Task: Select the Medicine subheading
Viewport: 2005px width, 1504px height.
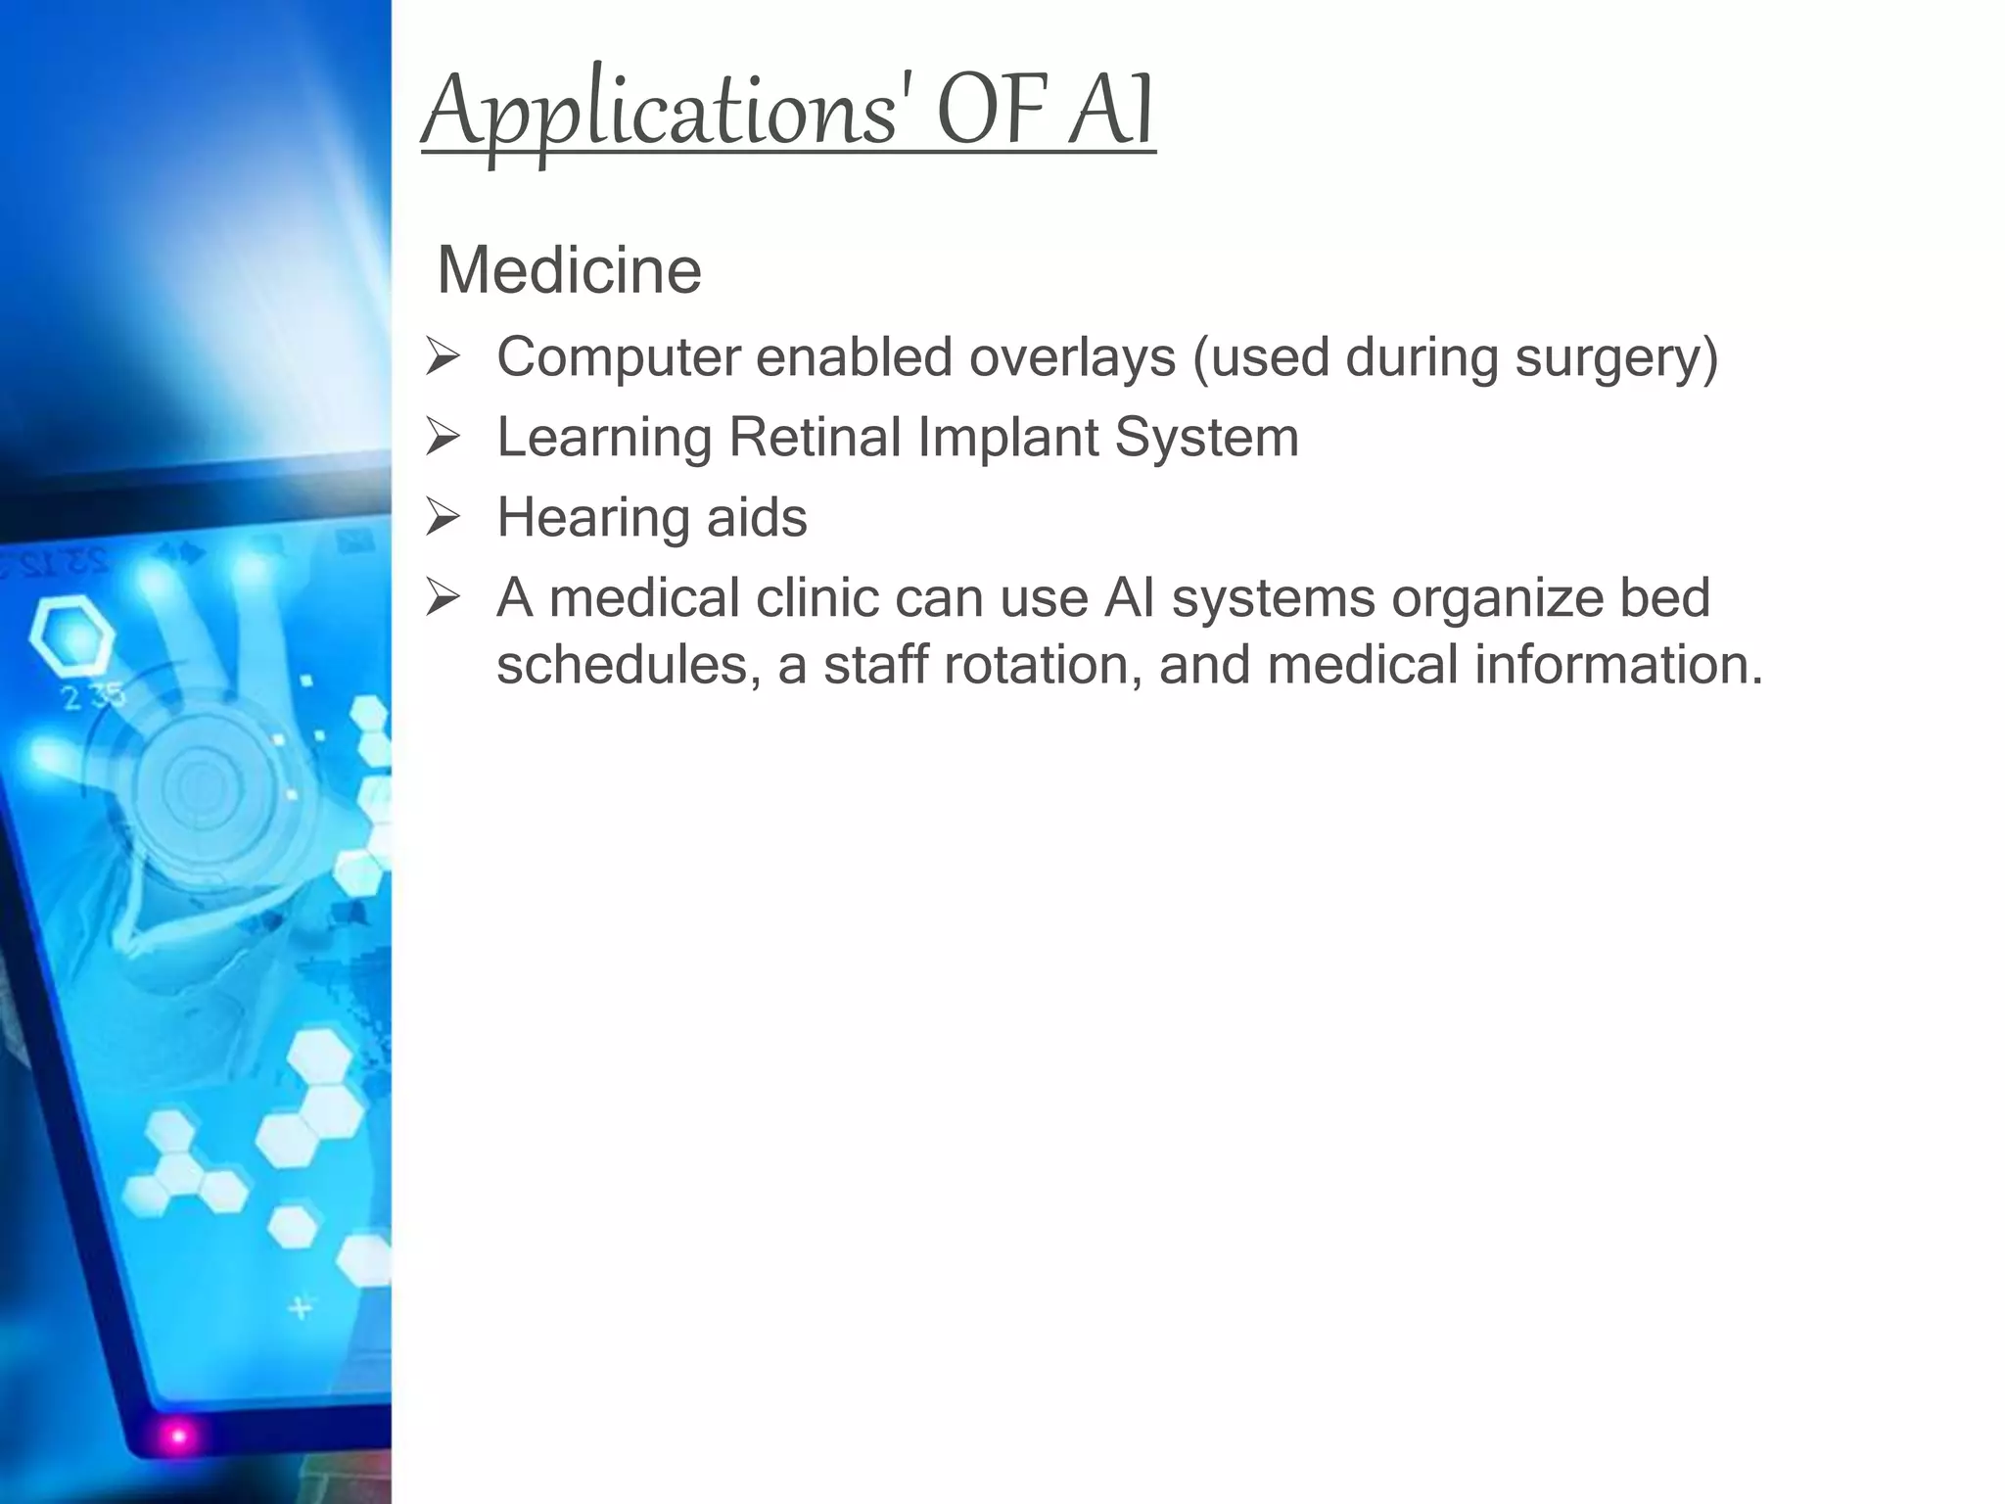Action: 569,270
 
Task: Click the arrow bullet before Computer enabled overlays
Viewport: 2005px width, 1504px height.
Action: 443,357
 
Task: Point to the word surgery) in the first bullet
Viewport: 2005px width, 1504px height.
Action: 1616,358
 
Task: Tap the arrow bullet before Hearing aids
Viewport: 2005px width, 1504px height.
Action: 443,518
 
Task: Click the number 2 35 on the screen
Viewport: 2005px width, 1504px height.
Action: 93,697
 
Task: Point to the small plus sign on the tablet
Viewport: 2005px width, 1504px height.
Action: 301,1307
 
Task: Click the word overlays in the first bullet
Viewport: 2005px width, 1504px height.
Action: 1072,356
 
